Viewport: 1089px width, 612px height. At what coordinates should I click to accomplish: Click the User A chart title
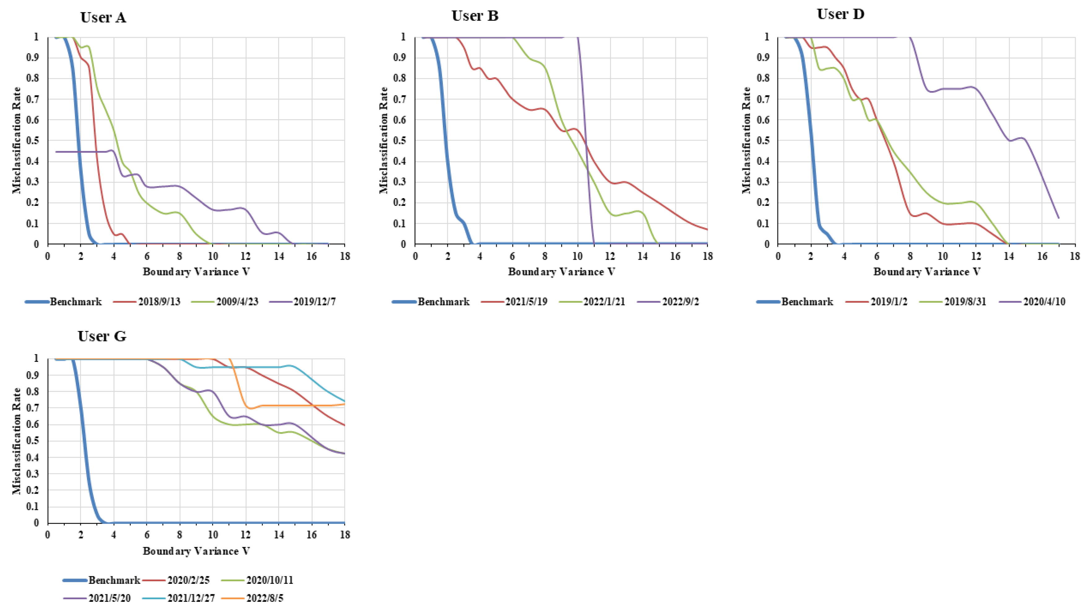(x=103, y=17)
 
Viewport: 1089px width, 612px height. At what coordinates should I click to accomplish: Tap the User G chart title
(x=102, y=336)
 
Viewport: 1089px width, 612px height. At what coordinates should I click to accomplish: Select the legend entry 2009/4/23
(x=237, y=302)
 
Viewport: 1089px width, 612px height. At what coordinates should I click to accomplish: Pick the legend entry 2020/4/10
(x=1044, y=302)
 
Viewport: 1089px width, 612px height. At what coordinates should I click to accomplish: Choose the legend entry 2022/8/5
(x=268, y=598)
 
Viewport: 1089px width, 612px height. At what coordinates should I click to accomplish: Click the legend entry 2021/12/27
(x=191, y=598)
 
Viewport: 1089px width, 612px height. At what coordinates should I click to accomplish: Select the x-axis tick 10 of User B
(x=577, y=256)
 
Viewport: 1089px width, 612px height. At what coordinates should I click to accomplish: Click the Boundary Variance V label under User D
(x=927, y=272)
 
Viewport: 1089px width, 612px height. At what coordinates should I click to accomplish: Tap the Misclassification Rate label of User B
(x=384, y=140)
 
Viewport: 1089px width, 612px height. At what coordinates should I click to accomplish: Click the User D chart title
(x=840, y=14)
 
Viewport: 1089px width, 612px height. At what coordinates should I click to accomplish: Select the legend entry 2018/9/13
(x=159, y=302)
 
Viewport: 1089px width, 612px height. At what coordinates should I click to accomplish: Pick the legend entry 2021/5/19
(x=526, y=302)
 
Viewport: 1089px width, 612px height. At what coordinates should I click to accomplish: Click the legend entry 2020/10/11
(x=269, y=580)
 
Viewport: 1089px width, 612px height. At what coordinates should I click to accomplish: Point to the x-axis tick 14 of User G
(x=278, y=535)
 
